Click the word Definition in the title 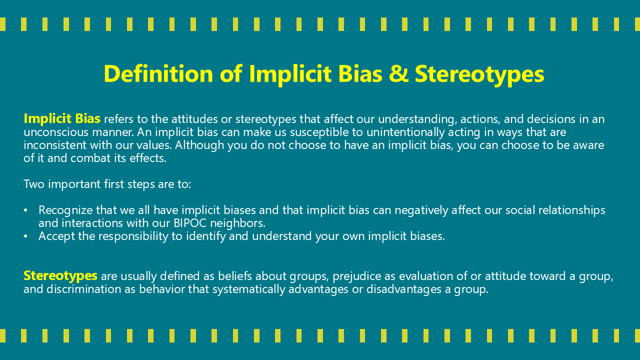click(x=158, y=73)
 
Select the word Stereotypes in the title click(x=479, y=73)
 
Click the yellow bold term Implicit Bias click(x=62, y=119)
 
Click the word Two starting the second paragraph click(x=32, y=184)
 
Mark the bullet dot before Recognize click(x=26, y=210)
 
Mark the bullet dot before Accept click(x=26, y=236)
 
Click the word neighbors click(x=237, y=223)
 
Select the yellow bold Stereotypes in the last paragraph click(x=60, y=275)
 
